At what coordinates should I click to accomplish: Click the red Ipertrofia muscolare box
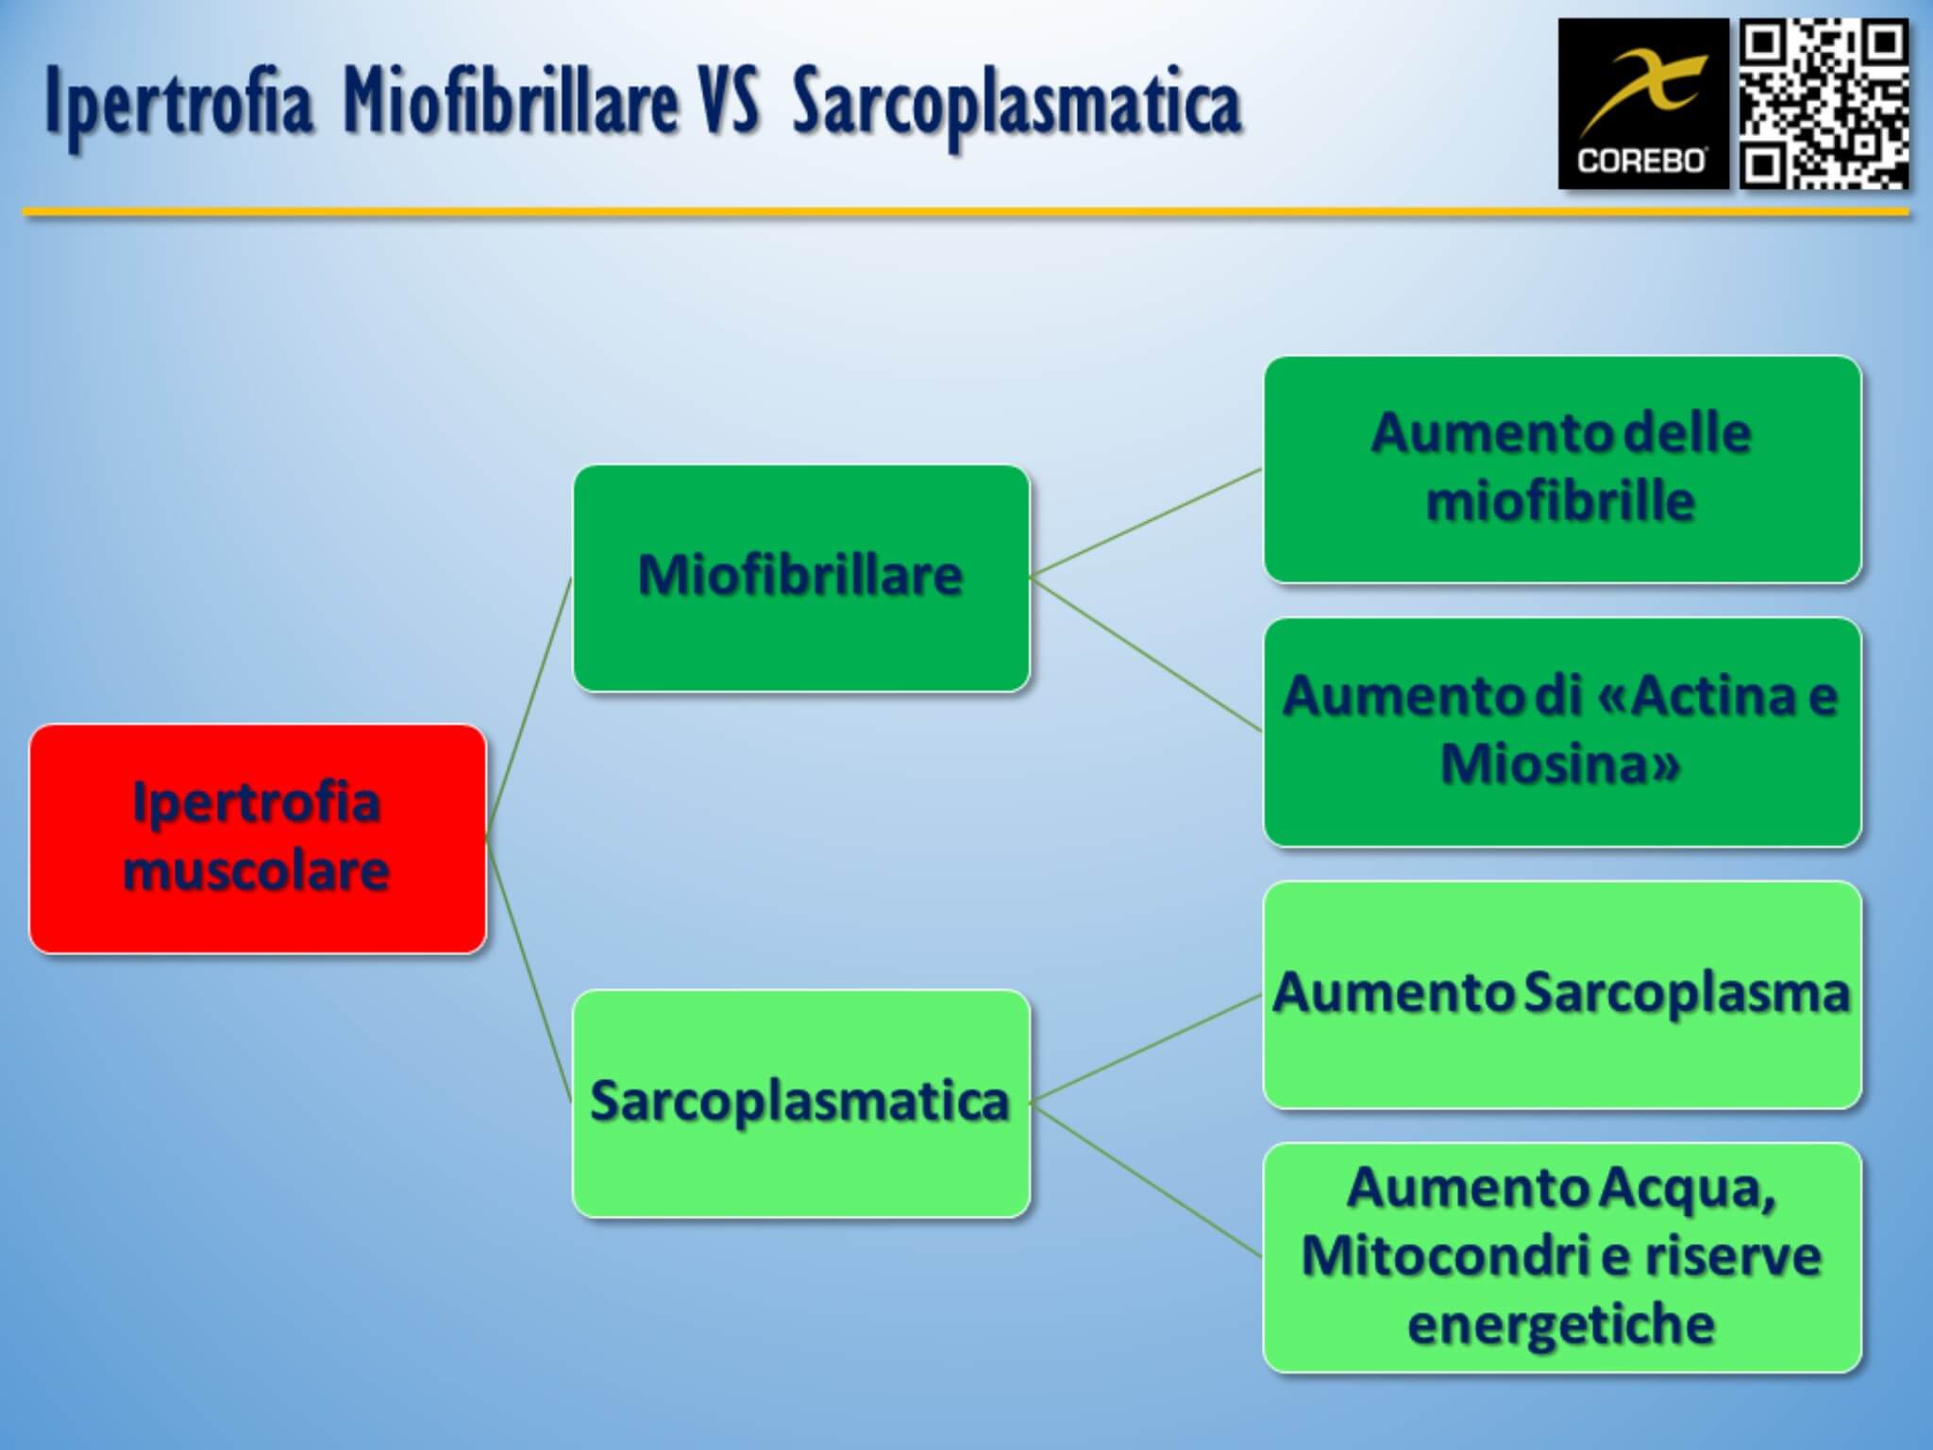(x=258, y=838)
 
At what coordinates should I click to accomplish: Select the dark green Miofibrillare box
(x=801, y=578)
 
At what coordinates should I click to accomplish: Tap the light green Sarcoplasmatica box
(x=801, y=1103)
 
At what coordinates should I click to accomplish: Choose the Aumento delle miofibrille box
(x=1562, y=469)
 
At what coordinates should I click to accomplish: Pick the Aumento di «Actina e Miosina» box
(x=1562, y=732)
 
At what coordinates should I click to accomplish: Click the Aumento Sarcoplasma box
(x=1562, y=994)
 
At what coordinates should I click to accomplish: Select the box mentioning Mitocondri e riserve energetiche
(x=1562, y=1256)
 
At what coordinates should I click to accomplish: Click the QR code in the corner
(x=1824, y=104)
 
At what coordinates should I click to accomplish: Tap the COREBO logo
(x=1643, y=104)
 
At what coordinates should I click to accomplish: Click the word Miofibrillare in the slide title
(x=511, y=102)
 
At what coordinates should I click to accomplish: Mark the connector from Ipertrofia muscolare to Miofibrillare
(x=529, y=708)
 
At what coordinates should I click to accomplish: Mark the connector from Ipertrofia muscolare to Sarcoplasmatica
(x=529, y=970)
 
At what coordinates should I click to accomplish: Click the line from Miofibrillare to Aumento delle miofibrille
(x=1147, y=523)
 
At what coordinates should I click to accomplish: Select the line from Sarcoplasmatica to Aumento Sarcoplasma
(x=1147, y=1048)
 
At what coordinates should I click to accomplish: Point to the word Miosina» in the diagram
(x=1561, y=764)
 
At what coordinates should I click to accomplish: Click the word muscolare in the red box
(x=257, y=870)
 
